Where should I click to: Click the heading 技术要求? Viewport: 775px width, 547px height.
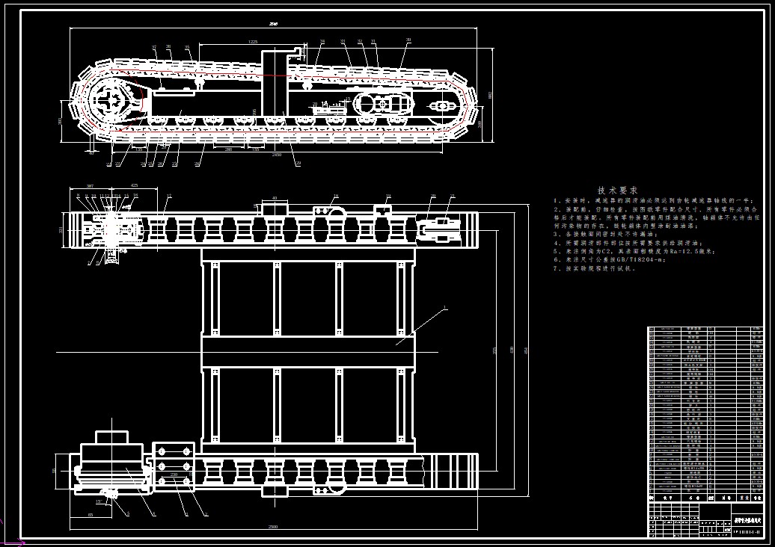618,191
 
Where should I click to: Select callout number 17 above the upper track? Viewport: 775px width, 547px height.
169,197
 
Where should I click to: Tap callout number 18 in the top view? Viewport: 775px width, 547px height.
336,196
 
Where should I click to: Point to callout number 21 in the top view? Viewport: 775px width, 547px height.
452,196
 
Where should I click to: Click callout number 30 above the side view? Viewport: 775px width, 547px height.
408,40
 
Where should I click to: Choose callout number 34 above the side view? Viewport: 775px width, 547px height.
322,41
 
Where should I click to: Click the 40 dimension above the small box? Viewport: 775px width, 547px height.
275,199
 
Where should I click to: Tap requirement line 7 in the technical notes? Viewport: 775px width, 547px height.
595,268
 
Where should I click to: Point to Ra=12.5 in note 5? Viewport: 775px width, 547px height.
684,251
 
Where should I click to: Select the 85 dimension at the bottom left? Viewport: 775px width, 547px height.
91,515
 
